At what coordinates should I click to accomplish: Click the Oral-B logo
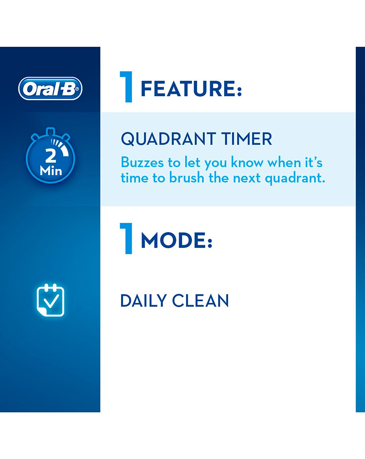(x=50, y=88)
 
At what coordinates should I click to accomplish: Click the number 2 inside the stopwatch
(x=51, y=156)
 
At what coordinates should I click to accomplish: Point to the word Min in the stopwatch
(x=51, y=171)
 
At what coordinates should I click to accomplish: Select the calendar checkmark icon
(x=50, y=300)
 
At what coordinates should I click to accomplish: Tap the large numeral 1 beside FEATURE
(x=126, y=87)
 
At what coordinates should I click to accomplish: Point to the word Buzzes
(x=142, y=163)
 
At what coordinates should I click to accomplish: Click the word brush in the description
(x=187, y=178)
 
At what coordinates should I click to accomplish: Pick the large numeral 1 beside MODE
(x=126, y=238)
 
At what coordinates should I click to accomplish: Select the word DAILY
(x=143, y=301)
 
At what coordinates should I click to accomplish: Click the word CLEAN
(x=200, y=301)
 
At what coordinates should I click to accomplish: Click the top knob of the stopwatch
(x=50, y=131)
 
